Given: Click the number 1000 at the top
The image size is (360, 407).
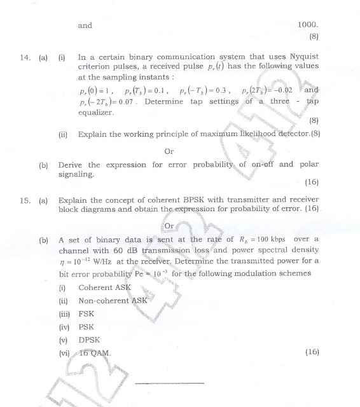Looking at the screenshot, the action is pos(308,26).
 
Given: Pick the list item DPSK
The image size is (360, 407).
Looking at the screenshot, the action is pos(90,340).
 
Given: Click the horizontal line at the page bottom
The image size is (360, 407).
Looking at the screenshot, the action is pos(170,383).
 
